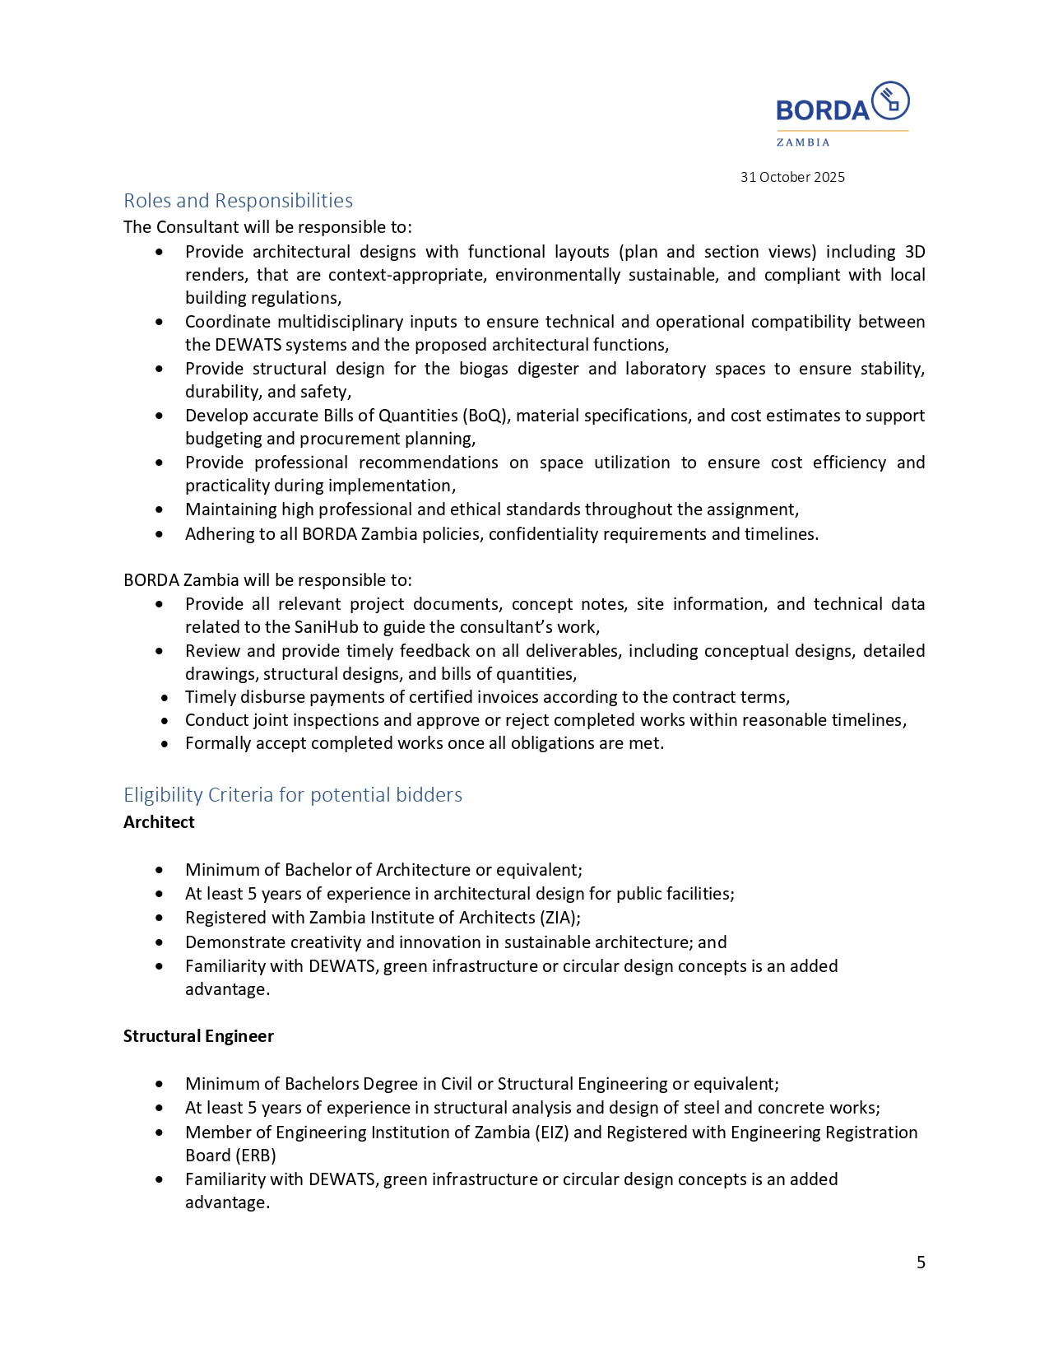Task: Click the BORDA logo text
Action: pos(822,110)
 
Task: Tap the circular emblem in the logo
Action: pos(890,100)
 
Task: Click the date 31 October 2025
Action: pos(792,177)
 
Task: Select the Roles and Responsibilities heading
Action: pos(238,201)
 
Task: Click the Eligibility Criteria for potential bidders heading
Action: pos(293,795)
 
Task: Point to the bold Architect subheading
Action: pos(159,822)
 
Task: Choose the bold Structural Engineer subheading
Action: pos(198,1036)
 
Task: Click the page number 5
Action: pos(921,1263)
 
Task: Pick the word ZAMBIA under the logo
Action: pos(803,142)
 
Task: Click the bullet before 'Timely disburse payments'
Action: pos(165,698)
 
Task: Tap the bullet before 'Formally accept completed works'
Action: pos(165,744)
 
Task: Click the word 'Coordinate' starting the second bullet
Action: pos(227,322)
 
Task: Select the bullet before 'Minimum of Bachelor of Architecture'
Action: pos(159,870)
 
